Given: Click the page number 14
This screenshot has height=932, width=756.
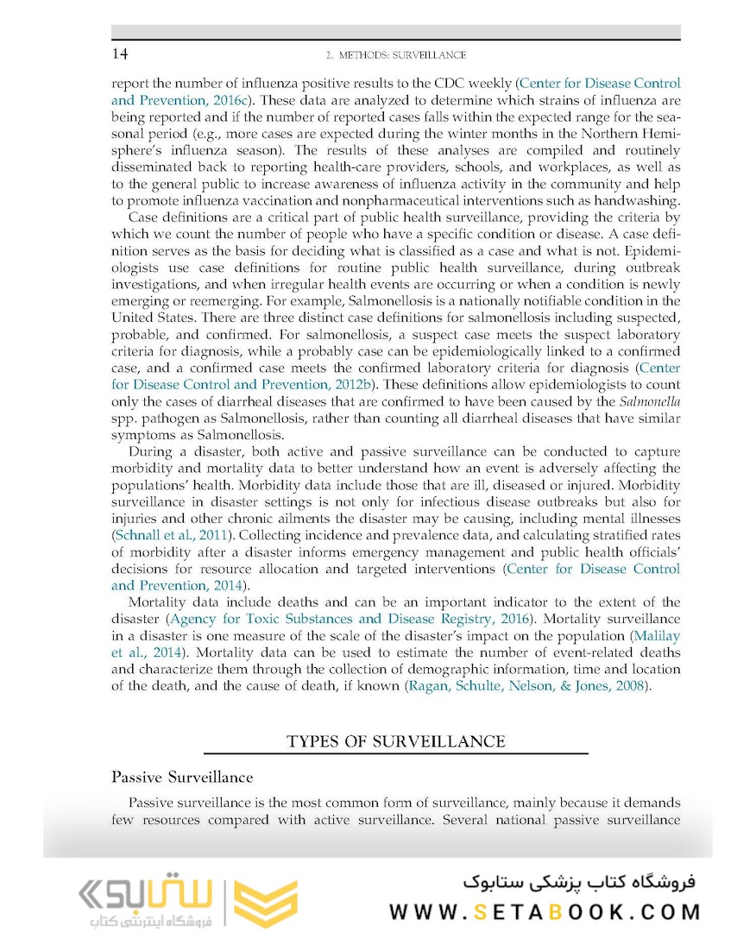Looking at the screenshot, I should coord(121,54).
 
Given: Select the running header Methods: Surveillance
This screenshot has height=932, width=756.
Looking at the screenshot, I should coord(396,55).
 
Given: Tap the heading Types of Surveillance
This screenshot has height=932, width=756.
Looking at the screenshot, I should coord(395,741).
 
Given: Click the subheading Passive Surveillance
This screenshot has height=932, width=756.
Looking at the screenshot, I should coord(182,778).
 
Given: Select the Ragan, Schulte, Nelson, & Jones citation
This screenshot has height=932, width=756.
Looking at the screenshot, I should coord(526,686).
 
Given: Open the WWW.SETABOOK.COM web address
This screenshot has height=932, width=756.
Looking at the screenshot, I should coord(545,912).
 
